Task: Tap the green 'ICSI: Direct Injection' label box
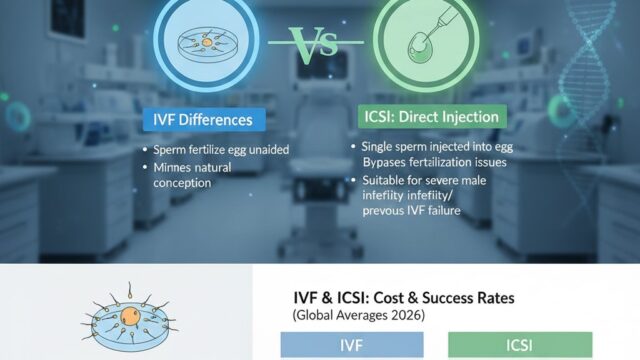428,118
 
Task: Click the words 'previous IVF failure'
423,212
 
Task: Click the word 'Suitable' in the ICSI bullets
381,179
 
